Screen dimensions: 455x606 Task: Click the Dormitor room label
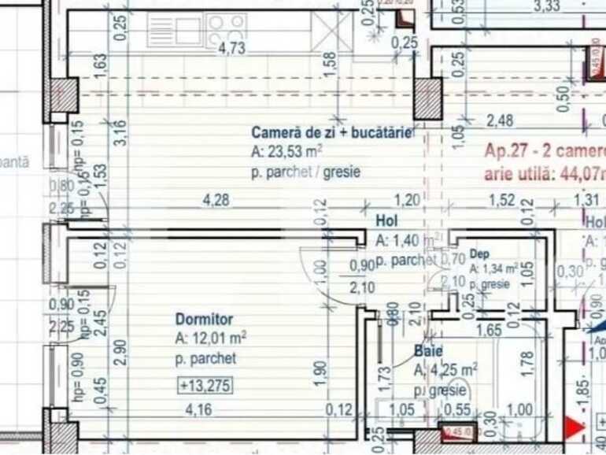pos(204,320)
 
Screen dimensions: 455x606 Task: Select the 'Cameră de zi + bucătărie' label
pos(331,132)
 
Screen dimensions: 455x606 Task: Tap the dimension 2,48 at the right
pos(501,120)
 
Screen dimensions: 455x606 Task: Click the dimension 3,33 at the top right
pos(547,7)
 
